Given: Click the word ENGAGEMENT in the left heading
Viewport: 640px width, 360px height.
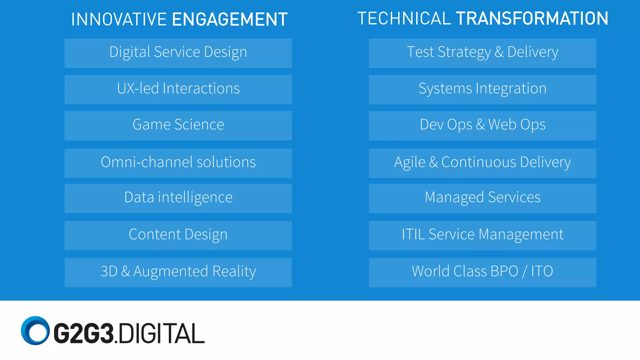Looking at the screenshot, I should click(x=230, y=19).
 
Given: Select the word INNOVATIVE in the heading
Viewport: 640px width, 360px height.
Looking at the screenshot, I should click(x=119, y=19).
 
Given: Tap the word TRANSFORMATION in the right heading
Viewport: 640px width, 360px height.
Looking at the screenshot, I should click(x=532, y=18).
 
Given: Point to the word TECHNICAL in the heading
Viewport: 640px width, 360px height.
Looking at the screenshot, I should click(x=404, y=18).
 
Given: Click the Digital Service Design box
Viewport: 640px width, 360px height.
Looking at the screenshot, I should click(x=178, y=53).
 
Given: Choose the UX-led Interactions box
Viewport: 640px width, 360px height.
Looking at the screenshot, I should click(x=178, y=89).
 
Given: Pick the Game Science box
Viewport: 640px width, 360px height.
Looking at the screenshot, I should click(x=178, y=126).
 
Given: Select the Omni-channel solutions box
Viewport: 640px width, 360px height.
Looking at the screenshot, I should click(x=178, y=163).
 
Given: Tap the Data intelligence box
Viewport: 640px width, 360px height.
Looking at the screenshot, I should click(x=178, y=198).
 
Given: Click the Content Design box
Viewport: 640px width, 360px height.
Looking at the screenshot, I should click(x=178, y=235).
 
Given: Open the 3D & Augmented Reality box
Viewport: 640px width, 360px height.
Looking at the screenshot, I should click(x=178, y=272).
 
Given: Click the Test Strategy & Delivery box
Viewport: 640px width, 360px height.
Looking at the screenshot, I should click(x=482, y=53).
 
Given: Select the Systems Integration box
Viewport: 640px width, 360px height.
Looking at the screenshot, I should click(x=482, y=89).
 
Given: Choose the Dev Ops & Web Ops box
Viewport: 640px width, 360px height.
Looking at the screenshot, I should click(x=482, y=126).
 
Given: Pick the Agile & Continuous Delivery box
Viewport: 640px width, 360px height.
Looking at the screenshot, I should click(x=482, y=163).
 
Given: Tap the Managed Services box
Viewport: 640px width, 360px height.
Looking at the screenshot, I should click(x=482, y=198).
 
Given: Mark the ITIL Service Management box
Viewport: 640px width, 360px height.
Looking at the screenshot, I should click(x=482, y=235).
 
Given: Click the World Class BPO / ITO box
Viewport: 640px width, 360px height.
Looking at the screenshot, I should click(x=482, y=272).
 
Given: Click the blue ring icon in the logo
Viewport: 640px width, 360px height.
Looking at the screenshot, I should click(x=35, y=331).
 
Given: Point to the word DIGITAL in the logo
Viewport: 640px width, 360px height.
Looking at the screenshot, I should click(x=162, y=333).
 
